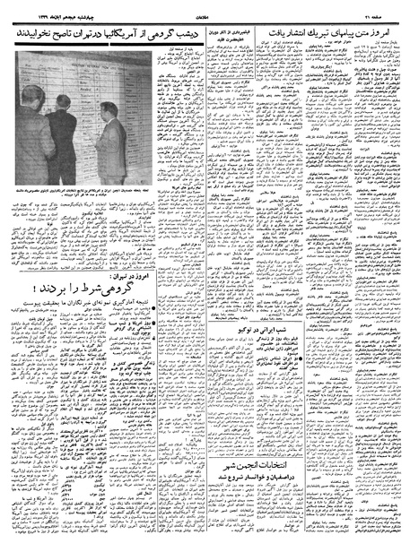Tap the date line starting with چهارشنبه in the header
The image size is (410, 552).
pyautogui.click(x=44, y=9)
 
